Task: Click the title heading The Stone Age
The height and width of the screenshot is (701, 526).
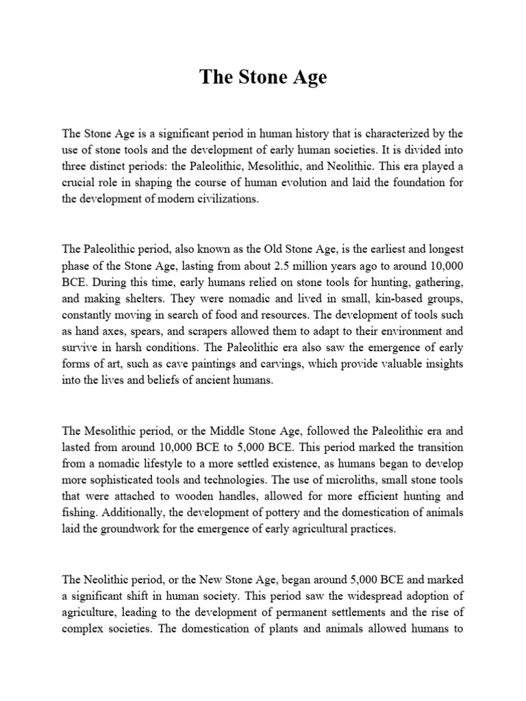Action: pos(263,77)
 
